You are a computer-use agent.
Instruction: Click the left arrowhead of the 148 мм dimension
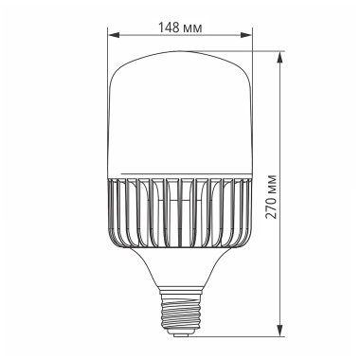(109, 36)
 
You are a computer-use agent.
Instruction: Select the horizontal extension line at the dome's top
(237, 51)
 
